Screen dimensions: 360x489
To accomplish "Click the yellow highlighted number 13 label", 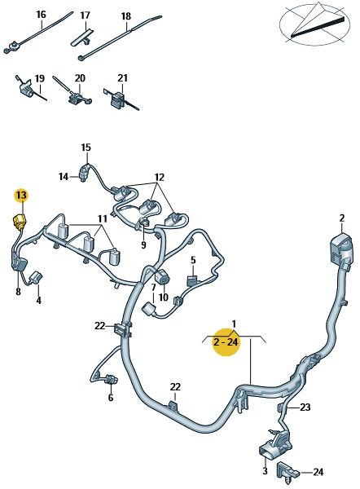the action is pyautogui.click(x=21, y=196).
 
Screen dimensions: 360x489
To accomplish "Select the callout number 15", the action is pyautogui.click(x=86, y=148).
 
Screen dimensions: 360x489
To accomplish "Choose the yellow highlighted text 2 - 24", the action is pyautogui.click(x=226, y=342).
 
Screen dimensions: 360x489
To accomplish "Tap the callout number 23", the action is pyautogui.click(x=305, y=407).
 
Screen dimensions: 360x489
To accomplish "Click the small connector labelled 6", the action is pyautogui.click(x=111, y=380).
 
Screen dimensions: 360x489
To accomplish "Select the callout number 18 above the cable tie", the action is pyautogui.click(x=126, y=16).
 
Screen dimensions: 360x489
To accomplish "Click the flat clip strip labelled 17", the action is pyautogui.click(x=82, y=37).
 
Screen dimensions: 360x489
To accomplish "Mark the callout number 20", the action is pyautogui.click(x=80, y=78).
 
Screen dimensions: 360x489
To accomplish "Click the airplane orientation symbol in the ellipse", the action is pyautogui.click(x=314, y=24).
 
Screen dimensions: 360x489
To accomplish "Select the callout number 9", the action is pyautogui.click(x=143, y=244).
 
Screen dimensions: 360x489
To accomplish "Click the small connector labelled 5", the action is pyautogui.click(x=192, y=280).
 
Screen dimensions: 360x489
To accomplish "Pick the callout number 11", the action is pyautogui.click(x=103, y=219).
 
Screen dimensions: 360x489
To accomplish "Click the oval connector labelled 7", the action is pyautogui.click(x=149, y=311).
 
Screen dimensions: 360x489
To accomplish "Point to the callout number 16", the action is pyautogui.click(x=42, y=15).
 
